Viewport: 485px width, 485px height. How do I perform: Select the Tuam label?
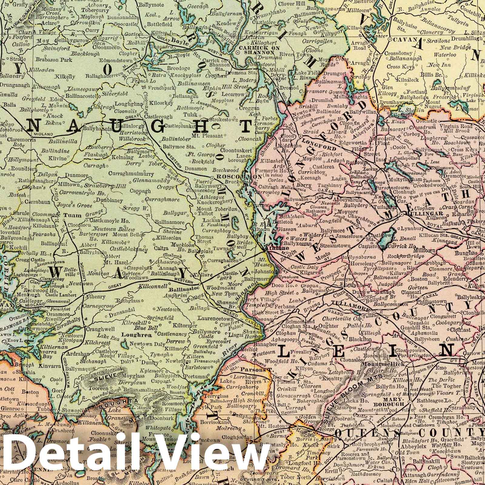point(72,216)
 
